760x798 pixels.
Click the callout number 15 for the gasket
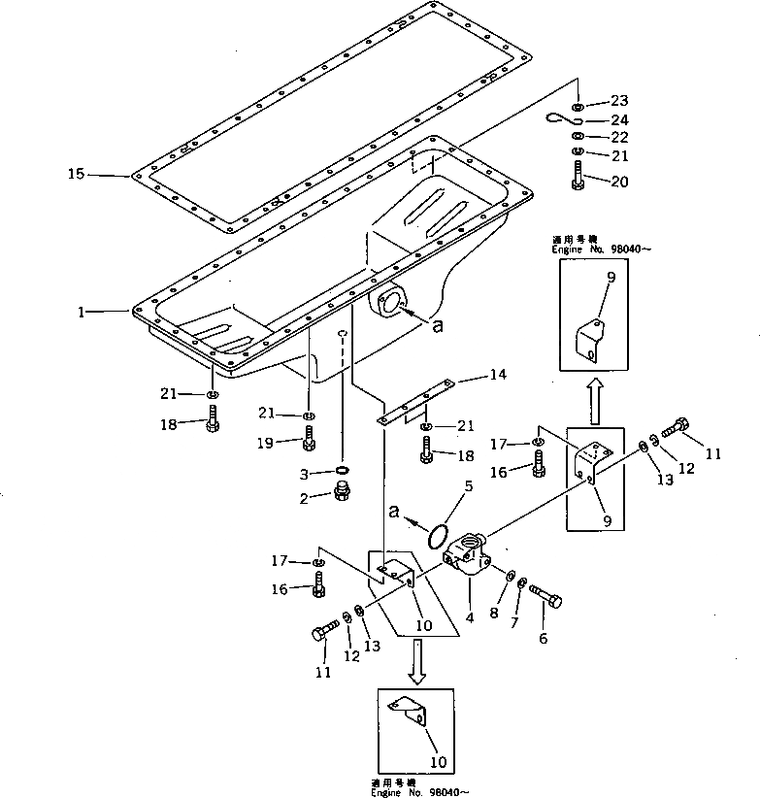pos(76,175)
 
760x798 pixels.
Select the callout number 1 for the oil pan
pos(84,312)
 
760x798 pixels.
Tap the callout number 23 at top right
pos(620,101)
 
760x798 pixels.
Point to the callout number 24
pos(620,120)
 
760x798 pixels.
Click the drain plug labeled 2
pos(342,493)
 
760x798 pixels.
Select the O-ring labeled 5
pos(438,535)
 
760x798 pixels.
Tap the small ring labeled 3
pos(342,472)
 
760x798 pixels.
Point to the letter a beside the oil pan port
pos(437,327)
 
